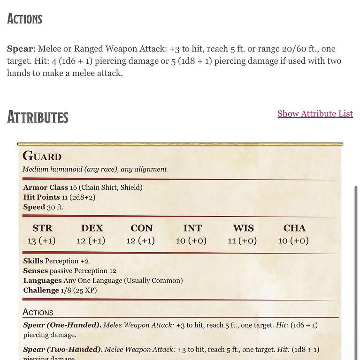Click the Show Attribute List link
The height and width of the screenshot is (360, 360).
pos(315,114)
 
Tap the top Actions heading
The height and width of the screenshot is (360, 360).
pos(25,19)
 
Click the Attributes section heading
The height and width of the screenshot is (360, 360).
pos(38,117)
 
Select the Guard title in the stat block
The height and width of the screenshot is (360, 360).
pos(42,157)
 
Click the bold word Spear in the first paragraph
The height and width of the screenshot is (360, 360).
pos(20,49)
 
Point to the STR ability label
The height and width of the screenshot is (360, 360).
pos(42,228)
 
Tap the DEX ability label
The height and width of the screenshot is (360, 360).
pos(92,228)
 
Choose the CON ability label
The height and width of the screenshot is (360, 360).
pos(141,228)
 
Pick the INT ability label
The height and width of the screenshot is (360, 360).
pos(192,228)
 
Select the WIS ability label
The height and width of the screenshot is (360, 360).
pos(243,228)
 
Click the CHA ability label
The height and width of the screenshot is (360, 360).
pos(294,228)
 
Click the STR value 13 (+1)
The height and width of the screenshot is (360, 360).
pos(41,241)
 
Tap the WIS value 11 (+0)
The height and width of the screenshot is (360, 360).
pos(242,241)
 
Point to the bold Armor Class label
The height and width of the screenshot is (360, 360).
pos(46,187)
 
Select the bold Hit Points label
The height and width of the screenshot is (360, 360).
pos(41,197)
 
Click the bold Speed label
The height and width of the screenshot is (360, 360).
pos(34,207)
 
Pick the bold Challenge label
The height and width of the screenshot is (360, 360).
pos(41,291)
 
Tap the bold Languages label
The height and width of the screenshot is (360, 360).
pos(42,281)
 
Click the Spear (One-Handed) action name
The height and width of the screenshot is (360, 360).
pos(62,325)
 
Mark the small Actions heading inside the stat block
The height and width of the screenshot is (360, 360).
pos(38,313)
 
